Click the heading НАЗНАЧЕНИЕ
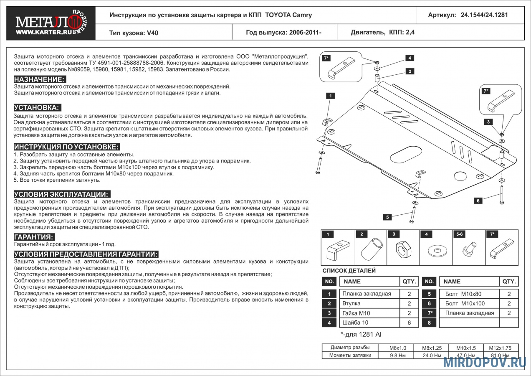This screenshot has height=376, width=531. pyautogui.click(x=40, y=79)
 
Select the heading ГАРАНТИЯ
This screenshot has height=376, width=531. pyautogui.click(x=34, y=237)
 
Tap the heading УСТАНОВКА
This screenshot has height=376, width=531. pyautogui.click(x=37, y=107)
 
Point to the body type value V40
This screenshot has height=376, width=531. pyautogui.click(x=152, y=33)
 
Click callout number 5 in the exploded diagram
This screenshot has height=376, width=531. pyautogui.click(x=388, y=217)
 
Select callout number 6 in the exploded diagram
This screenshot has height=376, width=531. pyautogui.click(x=478, y=201)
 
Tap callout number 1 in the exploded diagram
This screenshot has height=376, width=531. pyautogui.click(x=330, y=96)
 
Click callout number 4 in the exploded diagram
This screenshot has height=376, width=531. pyautogui.click(x=410, y=58)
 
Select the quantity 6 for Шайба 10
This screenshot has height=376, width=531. pyautogui.click(x=409, y=323)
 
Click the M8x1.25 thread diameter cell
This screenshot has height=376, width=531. pyautogui.click(x=432, y=348)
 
